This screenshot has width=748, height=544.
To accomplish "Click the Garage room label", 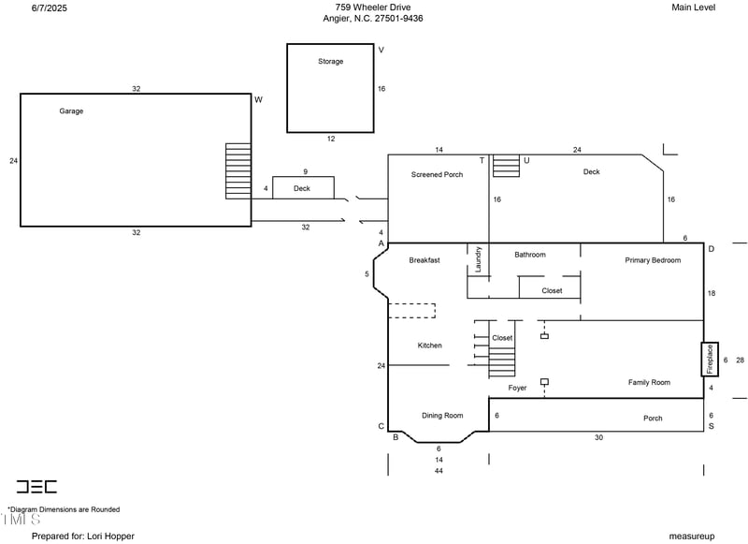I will tap(71, 110).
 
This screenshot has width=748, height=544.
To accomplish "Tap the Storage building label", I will tap(330, 62).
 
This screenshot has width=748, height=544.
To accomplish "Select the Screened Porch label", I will tap(437, 175).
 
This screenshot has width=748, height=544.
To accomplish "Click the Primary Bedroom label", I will tap(653, 260).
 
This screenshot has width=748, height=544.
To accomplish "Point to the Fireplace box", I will tap(710, 360).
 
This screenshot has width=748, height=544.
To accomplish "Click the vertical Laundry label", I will tap(478, 259).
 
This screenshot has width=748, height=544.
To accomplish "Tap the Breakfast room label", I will tap(424, 260).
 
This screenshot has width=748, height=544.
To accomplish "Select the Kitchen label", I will tap(429, 346).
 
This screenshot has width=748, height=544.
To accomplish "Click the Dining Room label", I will tap(442, 416).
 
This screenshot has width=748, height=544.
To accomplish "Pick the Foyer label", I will tap(517, 388).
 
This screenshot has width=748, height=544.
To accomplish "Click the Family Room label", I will tap(648, 382).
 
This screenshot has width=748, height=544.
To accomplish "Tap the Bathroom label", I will tap(529, 255).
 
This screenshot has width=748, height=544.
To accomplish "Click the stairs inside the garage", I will tap(238, 171).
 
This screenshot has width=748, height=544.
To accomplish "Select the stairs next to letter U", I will tap(506, 167).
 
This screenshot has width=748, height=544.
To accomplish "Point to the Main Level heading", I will tap(694, 7).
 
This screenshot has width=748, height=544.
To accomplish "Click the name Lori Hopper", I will tap(109, 536).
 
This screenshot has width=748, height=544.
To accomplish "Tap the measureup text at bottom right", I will tap(692, 536).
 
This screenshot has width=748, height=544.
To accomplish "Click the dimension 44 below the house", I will tap(439, 471).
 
